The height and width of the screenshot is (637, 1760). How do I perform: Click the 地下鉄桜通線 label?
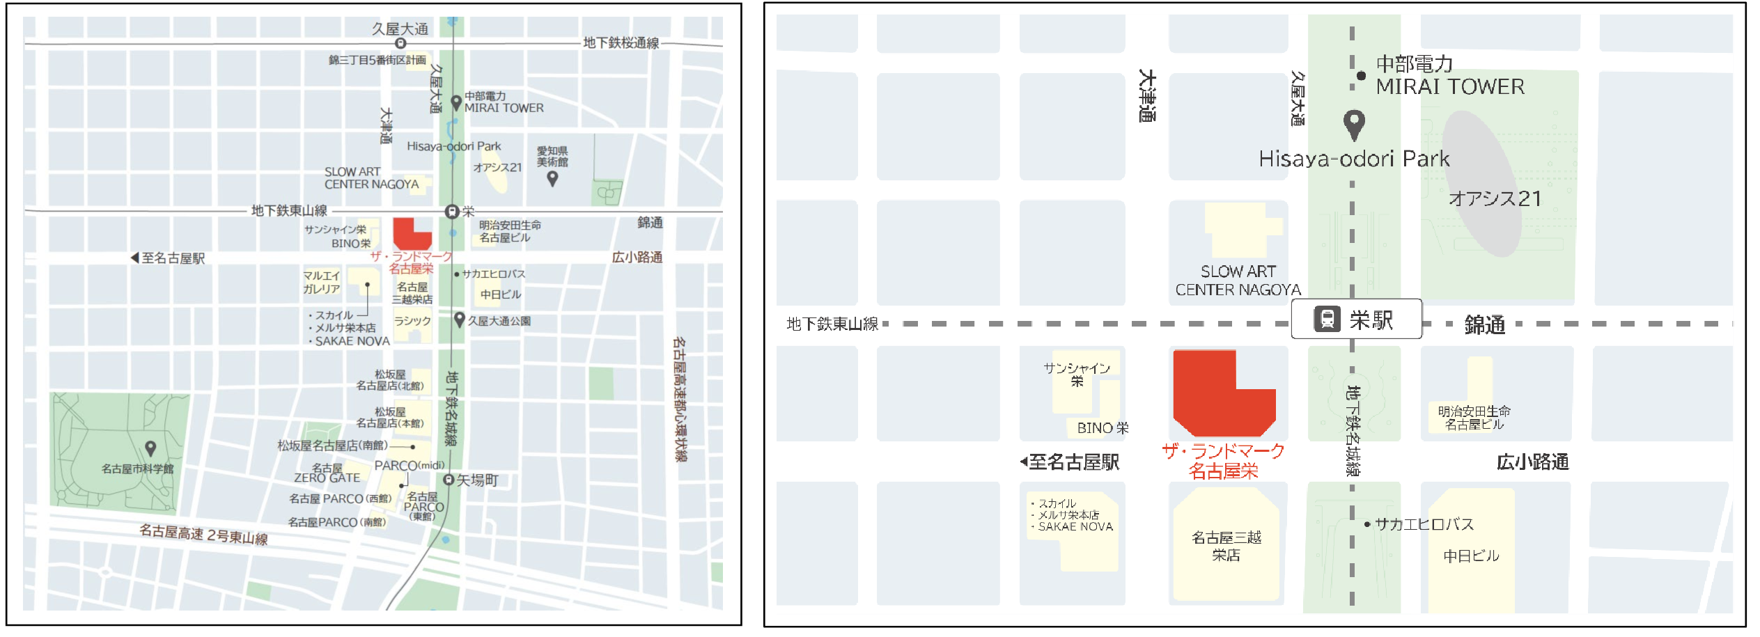(621, 43)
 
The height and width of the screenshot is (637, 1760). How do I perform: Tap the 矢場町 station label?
(477, 480)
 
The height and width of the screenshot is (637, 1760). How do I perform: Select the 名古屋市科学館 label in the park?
(137, 469)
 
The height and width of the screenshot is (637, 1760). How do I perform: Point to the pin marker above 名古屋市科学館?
(150, 448)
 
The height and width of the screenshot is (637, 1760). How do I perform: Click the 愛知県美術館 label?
(552, 157)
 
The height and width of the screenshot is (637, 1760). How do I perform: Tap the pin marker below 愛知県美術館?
(552, 178)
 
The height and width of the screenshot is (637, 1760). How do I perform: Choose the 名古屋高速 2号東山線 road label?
(203, 535)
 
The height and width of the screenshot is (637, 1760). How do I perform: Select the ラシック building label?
(412, 321)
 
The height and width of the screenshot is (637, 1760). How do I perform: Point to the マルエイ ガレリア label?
(321, 282)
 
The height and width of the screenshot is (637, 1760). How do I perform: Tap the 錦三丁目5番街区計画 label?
(377, 61)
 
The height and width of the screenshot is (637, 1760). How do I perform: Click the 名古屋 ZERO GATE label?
(327, 473)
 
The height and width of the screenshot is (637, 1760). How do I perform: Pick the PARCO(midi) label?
(410, 465)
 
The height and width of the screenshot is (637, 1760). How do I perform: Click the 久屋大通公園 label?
(499, 321)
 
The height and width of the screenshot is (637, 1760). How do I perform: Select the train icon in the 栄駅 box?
(1327, 320)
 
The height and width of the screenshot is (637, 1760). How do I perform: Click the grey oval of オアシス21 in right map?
(1483, 184)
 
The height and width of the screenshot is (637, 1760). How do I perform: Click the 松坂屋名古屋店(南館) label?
(332, 446)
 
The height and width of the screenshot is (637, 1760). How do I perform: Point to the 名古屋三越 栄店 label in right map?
(1226, 546)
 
